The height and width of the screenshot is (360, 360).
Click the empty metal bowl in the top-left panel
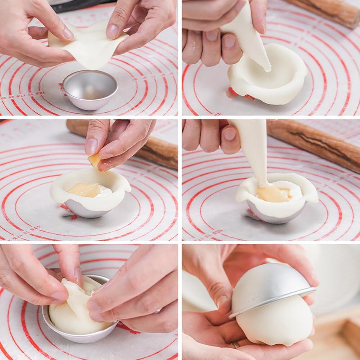[x=90, y=90]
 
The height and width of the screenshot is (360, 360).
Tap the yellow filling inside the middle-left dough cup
[x=85, y=190]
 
